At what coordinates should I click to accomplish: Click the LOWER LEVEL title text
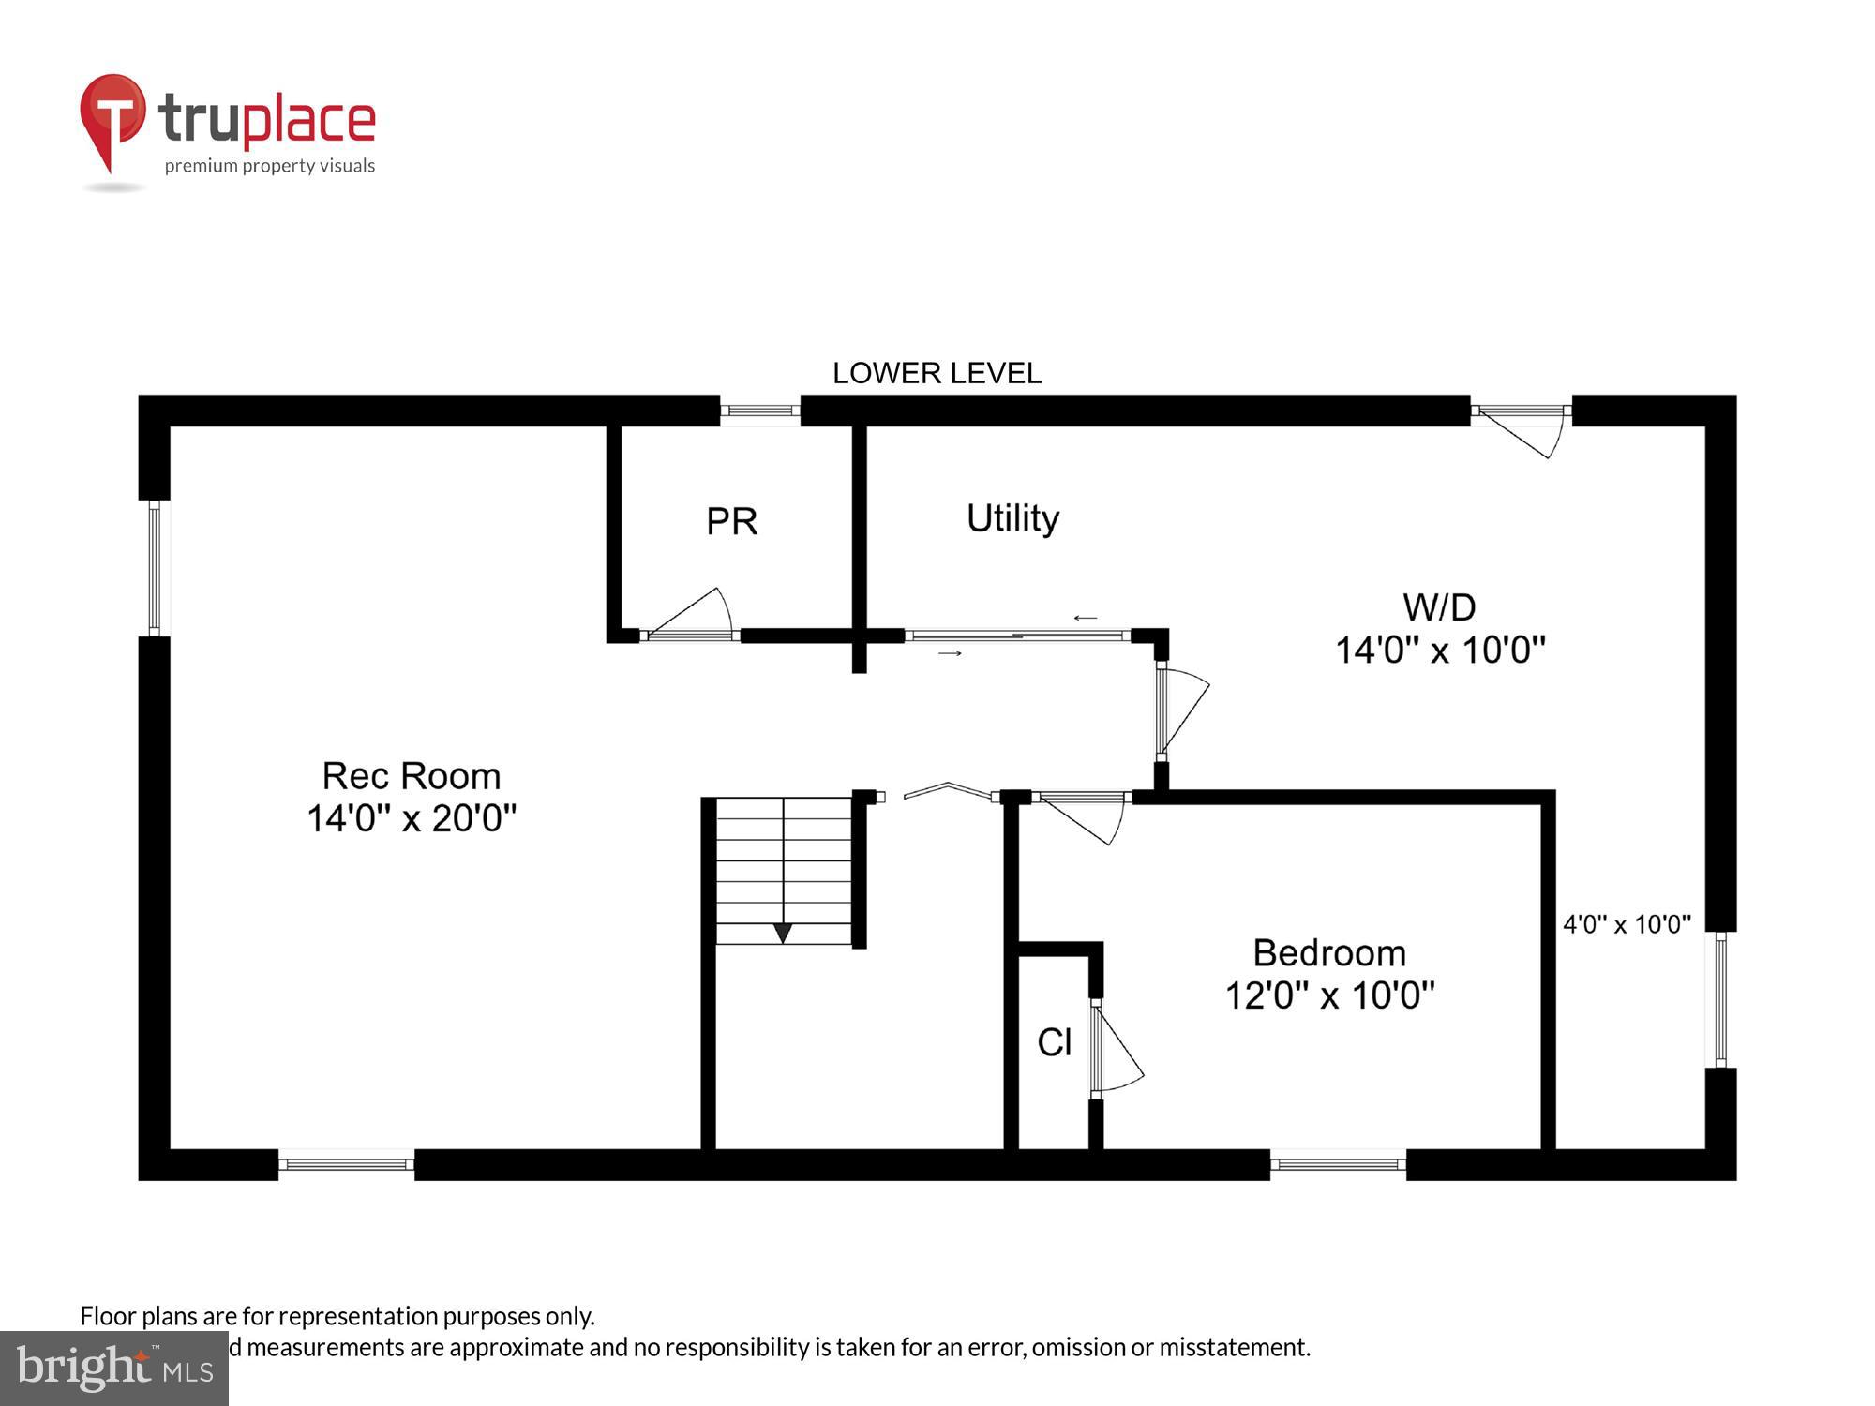(x=937, y=373)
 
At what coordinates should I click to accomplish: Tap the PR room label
(x=731, y=521)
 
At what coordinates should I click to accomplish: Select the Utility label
(x=1012, y=517)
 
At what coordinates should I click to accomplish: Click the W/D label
(x=1439, y=607)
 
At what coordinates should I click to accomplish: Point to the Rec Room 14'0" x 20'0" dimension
(x=412, y=818)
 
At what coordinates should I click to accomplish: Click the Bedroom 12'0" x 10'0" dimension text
(x=1329, y=995)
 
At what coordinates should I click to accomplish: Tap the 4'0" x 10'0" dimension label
(x=1627, y=924)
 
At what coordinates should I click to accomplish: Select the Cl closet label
(x=1054, y=1042)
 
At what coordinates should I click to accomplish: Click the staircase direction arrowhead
(x=782, y=933)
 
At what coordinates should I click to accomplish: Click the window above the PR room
(x=760, y=411)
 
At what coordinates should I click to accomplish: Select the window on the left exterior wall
(x=155, y=568)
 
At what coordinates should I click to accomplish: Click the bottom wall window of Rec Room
(x=346, y=1164)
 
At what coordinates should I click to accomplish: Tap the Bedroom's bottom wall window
(x=1338, y=1164)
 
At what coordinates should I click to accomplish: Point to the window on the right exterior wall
(x=1720, y=999)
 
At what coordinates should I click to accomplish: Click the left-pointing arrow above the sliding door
(x=1086, y=618)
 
